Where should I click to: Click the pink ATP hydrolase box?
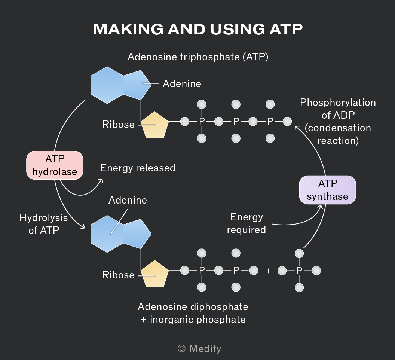[55, 165]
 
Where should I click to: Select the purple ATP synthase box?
[328, 190]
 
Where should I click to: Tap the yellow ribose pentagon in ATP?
[154, 125]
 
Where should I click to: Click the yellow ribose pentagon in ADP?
[154, 274]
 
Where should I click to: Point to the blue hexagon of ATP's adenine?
[107, 85]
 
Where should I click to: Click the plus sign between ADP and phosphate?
[268, 271]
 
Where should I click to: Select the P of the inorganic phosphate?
[299, 271]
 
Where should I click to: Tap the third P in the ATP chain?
[270, 122]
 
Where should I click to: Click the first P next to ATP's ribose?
[202, 122]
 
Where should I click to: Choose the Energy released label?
[138, 168]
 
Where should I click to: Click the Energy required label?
[247, 223]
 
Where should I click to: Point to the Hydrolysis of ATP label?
[44, 224]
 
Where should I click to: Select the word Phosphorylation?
[338, 103]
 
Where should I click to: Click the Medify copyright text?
[199, 349]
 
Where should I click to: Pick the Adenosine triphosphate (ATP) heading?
[198, 57]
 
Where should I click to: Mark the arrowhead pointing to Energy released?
[101, 180]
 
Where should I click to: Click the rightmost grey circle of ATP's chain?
[287, 122]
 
